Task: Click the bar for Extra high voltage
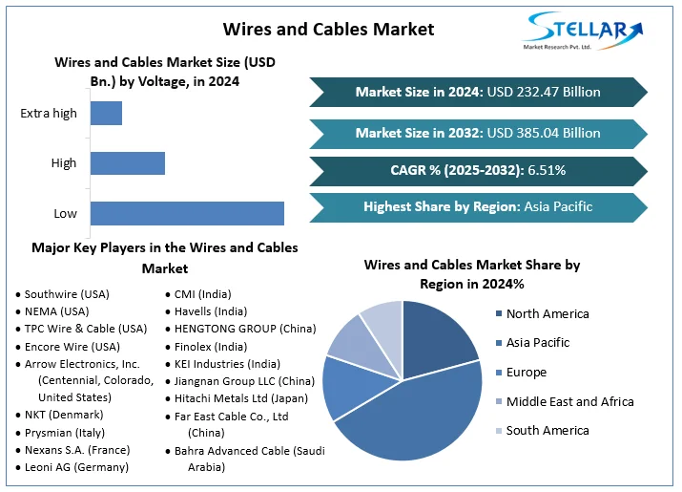[x=106, y=113]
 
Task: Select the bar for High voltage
[x=128, y=163]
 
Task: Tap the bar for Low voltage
[x=187, y=213]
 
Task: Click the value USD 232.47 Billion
[x=544, y=93]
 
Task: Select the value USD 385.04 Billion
[x=544, y=133]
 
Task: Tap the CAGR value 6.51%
[x=546, y=170]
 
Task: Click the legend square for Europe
[x=499, y=373]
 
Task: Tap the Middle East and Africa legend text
[x=569, y=401]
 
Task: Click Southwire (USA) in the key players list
[x=67, y=294]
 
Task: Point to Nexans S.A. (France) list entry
[x=77, y=449]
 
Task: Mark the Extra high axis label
[x=49, y=114]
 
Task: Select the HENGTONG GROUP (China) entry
[x=244, y=329]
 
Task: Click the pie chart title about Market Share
[x=472, y=274]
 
